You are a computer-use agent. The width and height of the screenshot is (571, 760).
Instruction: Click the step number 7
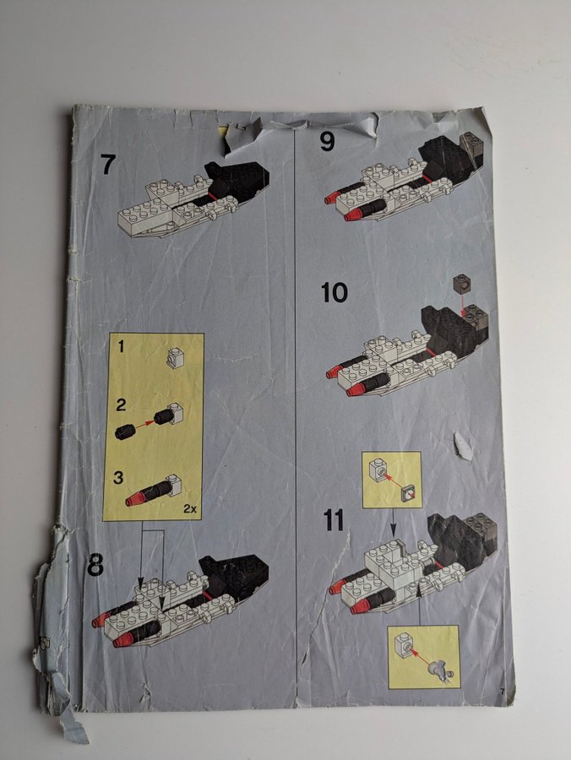108,165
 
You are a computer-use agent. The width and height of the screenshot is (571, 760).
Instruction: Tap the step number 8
95,564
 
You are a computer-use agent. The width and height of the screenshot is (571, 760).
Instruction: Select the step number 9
327,142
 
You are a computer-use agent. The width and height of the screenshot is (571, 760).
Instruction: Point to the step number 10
334,293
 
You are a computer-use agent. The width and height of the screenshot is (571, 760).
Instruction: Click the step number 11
334,520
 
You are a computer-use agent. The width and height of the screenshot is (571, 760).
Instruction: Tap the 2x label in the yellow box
189,509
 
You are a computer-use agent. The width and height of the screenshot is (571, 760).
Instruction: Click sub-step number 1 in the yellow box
121,346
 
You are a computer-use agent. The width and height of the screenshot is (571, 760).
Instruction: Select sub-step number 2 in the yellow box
121,405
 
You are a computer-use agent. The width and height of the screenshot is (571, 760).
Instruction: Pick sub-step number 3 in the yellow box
118,478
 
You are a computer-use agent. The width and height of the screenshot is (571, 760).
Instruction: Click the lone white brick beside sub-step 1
175,359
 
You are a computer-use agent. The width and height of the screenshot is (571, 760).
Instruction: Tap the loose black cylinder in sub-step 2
123,432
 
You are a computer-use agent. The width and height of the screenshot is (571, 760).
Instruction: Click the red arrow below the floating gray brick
464,304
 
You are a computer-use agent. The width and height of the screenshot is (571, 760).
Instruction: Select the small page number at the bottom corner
503,691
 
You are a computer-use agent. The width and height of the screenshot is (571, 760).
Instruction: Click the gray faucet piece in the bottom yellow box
439,670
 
